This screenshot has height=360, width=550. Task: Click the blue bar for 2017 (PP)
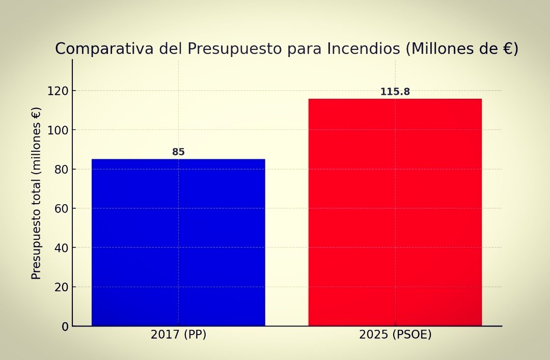(x=178, y=242)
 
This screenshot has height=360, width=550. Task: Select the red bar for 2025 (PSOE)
(x=395, y=212)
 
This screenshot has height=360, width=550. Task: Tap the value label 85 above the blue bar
(x=178, y=152)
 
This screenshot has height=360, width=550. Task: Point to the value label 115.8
(x=395, y=92)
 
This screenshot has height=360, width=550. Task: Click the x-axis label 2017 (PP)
(x=178, y=335)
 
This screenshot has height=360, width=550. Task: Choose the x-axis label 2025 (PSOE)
(x=395, y=335)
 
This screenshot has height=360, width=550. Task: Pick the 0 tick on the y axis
(x=65, y=326)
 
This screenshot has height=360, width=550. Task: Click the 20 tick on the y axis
(x=61, y=287)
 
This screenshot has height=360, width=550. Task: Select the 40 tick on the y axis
(x=61, y=248)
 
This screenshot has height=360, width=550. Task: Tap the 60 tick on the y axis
(x=61, y=209)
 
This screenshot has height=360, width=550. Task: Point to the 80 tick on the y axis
(x=61, y=170)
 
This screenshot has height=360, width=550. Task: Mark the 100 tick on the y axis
(x=58, y=130)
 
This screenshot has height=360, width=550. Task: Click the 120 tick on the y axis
(x=58, y=91)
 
